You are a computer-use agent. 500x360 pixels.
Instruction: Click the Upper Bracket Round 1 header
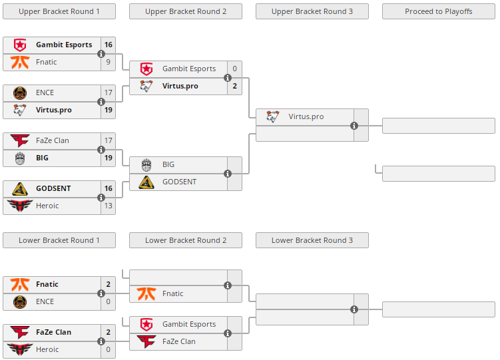point(59,11)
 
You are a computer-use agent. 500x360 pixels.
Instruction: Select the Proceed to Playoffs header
point(439,11)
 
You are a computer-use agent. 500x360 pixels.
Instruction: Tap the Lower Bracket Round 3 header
point(312,240)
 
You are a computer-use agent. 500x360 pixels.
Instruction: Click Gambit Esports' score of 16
point(109,45)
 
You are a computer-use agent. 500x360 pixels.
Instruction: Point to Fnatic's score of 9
point(109,62)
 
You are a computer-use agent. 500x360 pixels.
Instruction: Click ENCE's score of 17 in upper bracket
point(109,92)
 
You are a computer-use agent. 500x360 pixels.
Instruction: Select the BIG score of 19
point(109,158)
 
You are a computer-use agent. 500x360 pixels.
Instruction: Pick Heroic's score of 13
point(109,206)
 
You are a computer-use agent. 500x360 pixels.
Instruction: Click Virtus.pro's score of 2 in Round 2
point(235,86)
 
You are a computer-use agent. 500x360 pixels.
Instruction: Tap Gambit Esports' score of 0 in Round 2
point(235,69)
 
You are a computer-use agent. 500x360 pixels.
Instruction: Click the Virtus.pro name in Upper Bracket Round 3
point(306,116)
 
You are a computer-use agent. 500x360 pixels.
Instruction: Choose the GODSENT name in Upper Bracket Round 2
point(179,182)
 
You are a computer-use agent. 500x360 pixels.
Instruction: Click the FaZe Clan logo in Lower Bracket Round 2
point(146,341)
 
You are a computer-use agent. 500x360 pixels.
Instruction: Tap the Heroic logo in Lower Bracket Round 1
point(20,349)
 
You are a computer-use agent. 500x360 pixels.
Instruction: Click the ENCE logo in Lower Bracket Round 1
point(20,301)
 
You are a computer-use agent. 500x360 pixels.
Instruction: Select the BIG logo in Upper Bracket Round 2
point(146,164)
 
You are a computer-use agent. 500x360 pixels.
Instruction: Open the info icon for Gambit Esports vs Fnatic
point(101,54)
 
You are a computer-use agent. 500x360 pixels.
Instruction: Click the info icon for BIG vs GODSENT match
point(228,174)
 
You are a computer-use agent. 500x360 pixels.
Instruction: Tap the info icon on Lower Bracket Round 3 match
point(354,309)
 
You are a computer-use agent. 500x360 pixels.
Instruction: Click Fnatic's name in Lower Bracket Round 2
point(173,293)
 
